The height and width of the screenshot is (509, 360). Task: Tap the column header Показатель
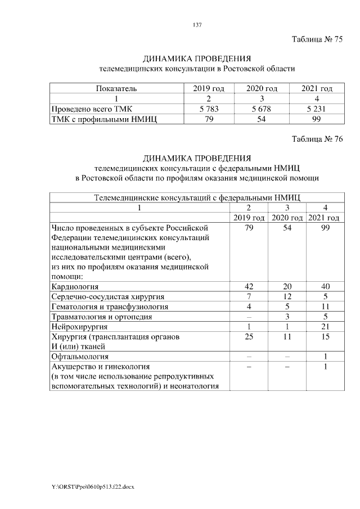(x=116, y=88)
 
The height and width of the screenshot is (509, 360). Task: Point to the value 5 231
(x=317, y=109)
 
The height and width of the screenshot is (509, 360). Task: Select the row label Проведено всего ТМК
(x=92, y=109)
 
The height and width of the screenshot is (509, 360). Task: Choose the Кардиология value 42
(x=250, y=286)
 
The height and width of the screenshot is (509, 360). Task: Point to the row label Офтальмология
(x=80, y=357)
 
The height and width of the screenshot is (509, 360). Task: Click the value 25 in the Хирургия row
(x=250, y=337)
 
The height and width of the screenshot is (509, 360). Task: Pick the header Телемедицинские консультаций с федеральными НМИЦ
(x=197, y=197)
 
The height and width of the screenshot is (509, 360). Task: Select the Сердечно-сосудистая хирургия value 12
(x=287, y=296)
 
